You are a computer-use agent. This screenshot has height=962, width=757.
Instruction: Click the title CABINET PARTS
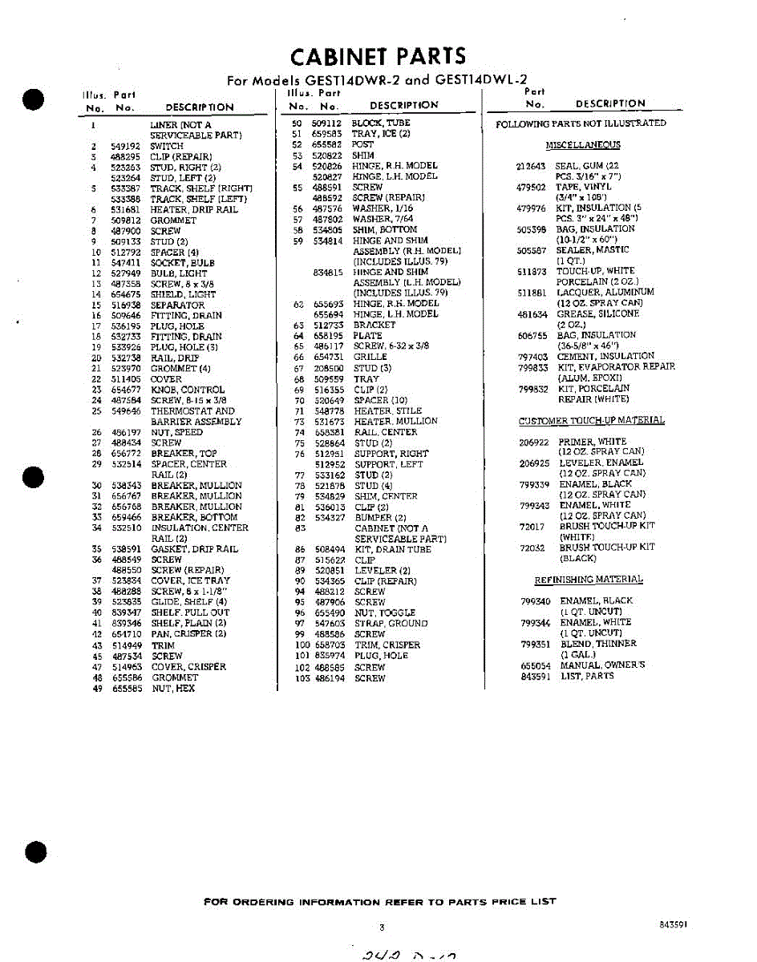[378, 56]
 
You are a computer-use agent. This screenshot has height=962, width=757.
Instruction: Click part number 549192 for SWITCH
[125, 147]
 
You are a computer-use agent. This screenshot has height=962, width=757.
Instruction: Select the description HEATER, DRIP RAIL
[194, 210]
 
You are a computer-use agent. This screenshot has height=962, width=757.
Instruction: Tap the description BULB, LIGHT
[179, 273]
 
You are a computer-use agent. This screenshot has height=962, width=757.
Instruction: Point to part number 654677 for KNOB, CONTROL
[126, 390]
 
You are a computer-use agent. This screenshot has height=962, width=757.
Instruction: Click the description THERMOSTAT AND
[192, 411]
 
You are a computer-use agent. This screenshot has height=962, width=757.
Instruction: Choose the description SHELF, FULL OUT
[190, 612]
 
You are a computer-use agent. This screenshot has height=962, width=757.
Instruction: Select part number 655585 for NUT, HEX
[127, 689]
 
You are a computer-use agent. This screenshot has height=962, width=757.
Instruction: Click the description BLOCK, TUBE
[381, 123]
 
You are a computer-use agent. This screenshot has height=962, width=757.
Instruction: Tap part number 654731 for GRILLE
[328, 357]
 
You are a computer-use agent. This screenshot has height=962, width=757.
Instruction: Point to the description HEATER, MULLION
[395, 422]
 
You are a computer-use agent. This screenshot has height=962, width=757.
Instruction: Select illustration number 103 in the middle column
[302, 678]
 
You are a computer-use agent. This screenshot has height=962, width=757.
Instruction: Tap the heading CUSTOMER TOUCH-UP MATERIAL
[591, 421]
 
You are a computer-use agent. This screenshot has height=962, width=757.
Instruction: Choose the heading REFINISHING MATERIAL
[589, 580]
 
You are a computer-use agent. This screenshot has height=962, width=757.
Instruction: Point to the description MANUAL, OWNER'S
[602, 665]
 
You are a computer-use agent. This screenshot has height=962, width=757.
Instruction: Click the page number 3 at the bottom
[382, 928]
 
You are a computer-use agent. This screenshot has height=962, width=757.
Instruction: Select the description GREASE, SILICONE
[598, 314]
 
